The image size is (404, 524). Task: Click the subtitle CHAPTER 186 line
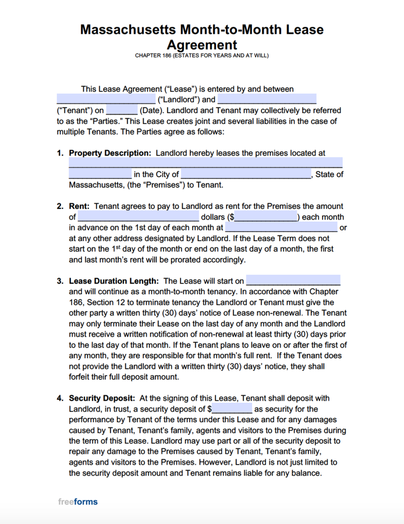click(201, 55)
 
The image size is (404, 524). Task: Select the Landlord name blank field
click(106, 99)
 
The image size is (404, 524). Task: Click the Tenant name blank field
click(267, 99)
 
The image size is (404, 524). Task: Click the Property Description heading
click(110, 153)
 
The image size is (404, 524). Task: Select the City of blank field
click(246, 174)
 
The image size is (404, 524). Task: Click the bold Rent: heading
click(79, 206)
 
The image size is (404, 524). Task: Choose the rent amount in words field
click(138, 217)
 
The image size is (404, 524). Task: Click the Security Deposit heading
click(102, 398)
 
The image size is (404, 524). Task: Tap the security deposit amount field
click(232, 409)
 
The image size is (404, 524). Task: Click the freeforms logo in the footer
click(78, 501)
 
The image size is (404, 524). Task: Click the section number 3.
click(60, 281)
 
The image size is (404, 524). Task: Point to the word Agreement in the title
click(201, 45)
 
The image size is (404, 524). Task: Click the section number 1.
click(60, 153)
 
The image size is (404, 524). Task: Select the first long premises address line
click(206, 164)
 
